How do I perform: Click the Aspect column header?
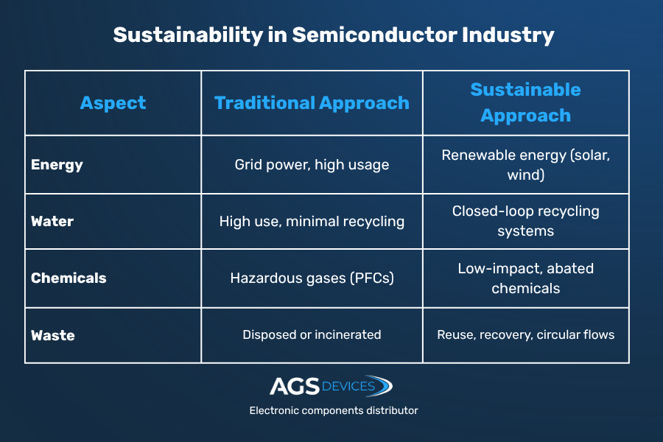113,103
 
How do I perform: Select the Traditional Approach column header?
312,103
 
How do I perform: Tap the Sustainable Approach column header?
525,102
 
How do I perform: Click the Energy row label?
57,165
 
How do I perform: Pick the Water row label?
52,222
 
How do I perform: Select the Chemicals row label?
69,278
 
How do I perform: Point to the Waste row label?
53,335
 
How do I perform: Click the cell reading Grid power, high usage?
312,165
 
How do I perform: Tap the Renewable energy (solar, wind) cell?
525,165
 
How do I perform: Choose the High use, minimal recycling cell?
312,222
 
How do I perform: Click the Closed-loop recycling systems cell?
525,221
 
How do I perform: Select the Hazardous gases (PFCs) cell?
312,278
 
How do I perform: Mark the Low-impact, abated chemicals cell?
525,278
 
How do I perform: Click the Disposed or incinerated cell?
312,335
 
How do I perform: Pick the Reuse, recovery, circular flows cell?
525,335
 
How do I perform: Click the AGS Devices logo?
331,386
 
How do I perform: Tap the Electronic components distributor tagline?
333,410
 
